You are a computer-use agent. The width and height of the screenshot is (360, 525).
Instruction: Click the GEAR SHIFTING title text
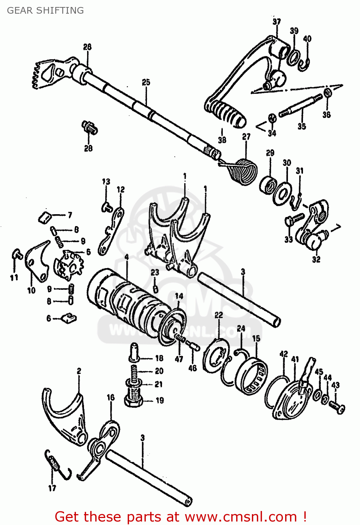point(45,10)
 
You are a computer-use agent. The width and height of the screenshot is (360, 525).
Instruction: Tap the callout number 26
point(87,47)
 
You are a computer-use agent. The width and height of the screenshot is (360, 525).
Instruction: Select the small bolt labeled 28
point(90,128)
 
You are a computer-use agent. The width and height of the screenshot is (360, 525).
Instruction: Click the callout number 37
point(277,22)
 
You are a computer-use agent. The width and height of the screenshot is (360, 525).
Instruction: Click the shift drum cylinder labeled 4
point(126,301)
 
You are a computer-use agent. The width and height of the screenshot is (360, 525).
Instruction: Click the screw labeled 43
point(337,407)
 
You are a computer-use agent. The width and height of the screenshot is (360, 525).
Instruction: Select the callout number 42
point(283,354)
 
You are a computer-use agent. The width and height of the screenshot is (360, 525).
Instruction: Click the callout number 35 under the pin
point(302,126)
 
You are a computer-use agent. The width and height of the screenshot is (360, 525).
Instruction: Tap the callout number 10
point(31,290)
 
